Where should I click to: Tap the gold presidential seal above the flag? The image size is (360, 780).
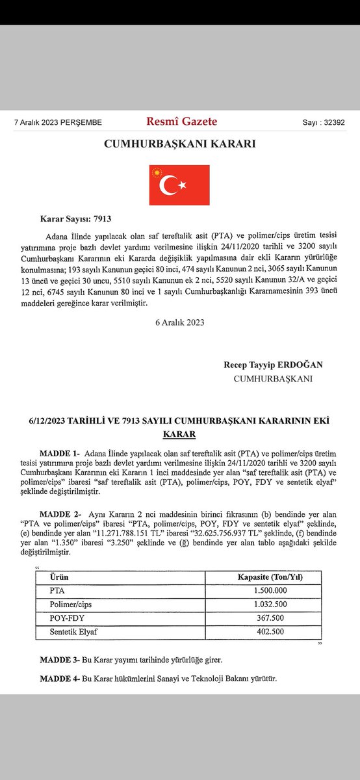coord(156,172)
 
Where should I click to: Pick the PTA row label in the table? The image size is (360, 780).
coord(57,590)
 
